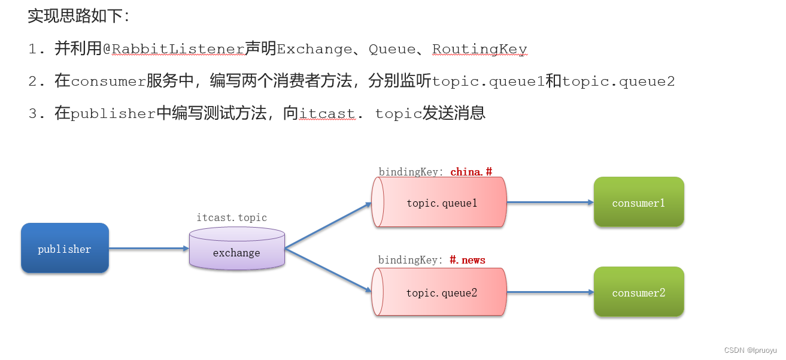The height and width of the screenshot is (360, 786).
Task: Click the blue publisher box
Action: click(x=65, y=249)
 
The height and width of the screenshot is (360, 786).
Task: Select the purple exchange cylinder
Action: click(x=236, y=249)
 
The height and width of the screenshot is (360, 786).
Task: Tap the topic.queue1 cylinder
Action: click(x=441, y=202)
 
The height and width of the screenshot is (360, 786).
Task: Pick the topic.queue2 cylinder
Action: click(x=441, y=292)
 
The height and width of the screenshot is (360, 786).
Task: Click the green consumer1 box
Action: click(x=638, y=202)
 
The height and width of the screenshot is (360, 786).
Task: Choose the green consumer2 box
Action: click(x=638, y=292)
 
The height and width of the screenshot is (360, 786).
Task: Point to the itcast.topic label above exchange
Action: click(x=232, y=217)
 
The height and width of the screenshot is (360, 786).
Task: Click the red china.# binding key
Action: click(x=471, y=172)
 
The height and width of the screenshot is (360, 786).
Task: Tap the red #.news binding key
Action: click(x=467, y=260)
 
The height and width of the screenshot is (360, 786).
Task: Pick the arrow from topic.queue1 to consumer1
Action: click(x=550, y=202)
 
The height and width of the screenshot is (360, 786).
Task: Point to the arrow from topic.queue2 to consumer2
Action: click(x=550, y=292)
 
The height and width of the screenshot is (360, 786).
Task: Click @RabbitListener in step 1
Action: click(x=174, y=49)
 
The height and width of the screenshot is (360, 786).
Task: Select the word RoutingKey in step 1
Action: click(x=480, y=49)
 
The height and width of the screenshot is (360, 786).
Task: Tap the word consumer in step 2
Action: click(x=108, y=81)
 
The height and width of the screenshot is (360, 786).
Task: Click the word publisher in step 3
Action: click(x=113, y=114)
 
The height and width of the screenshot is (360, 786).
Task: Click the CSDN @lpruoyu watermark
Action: click(x=750, y=350)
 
